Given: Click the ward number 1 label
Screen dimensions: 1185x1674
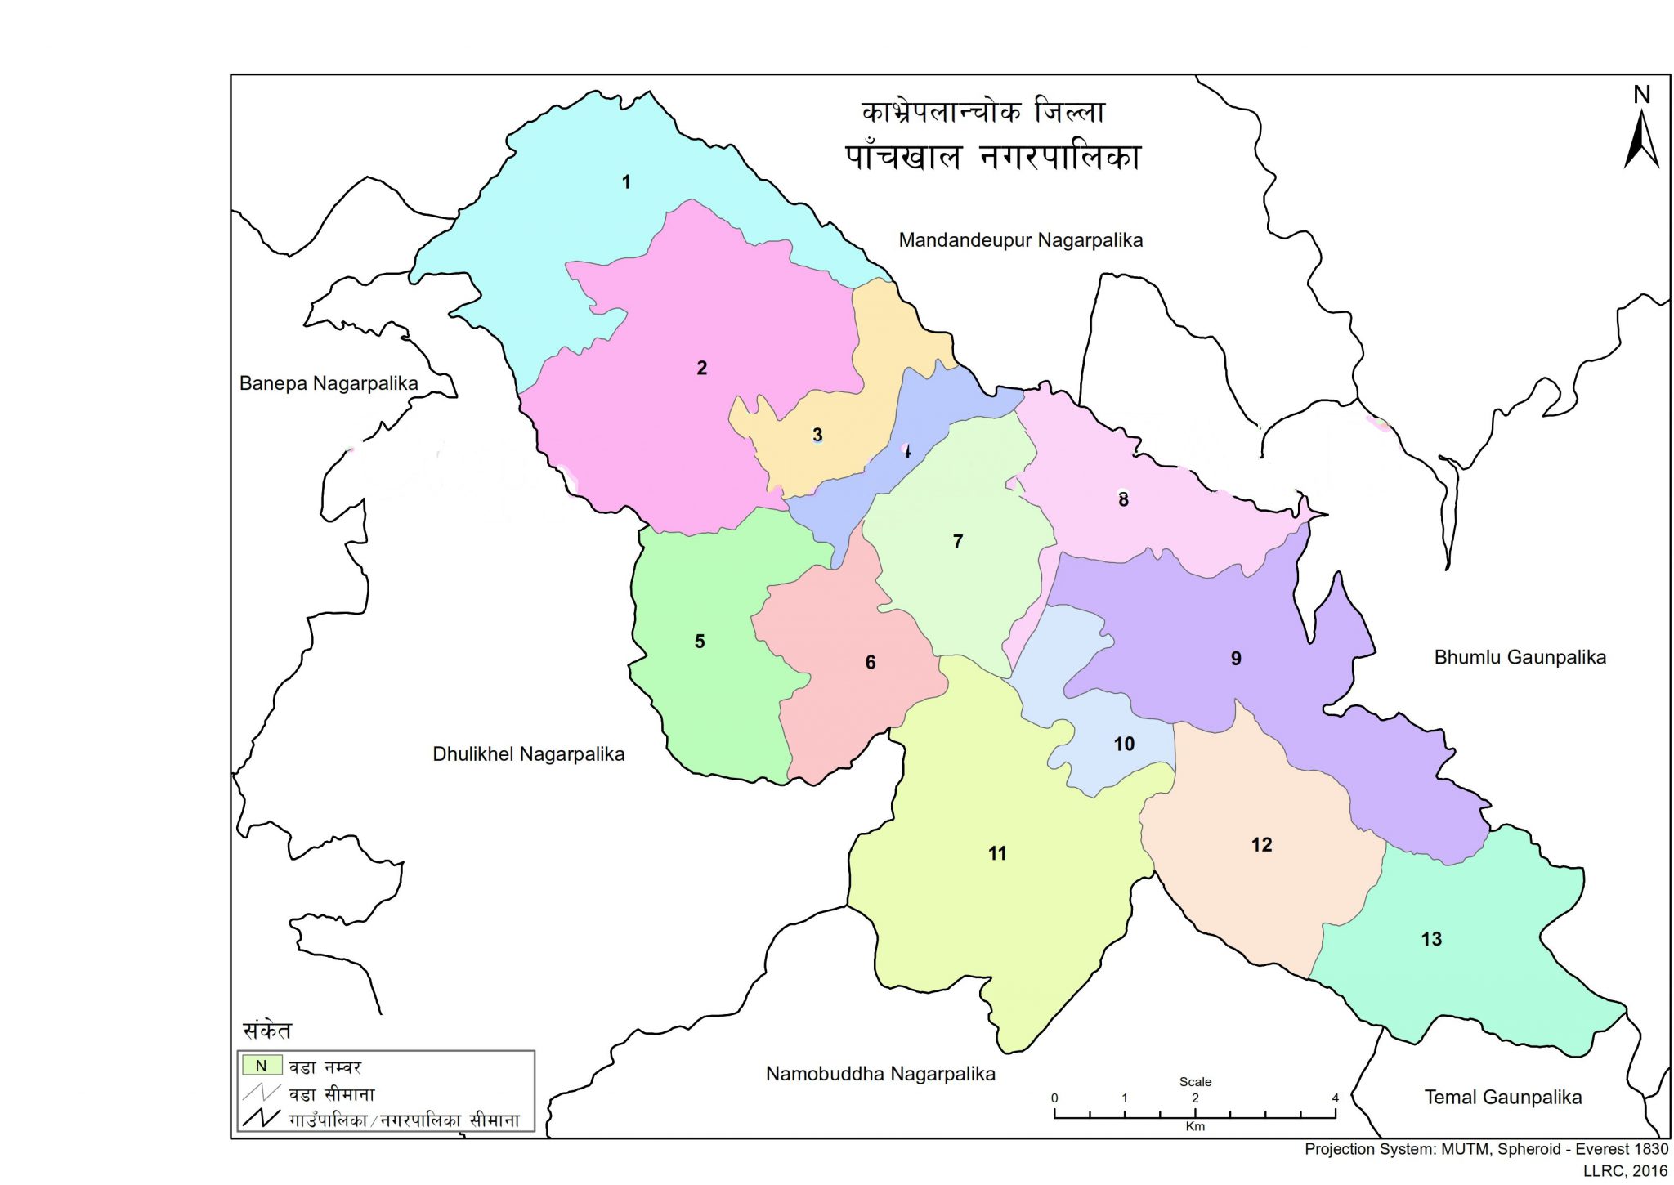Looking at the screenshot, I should (626, 182).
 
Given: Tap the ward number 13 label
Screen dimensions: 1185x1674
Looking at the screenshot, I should (1431, 939).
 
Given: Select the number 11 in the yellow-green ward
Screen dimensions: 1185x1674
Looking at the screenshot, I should (997, 854).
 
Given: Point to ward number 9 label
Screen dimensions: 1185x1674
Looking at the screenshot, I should (1236, 659).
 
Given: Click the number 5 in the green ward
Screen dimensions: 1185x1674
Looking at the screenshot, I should (700, 642).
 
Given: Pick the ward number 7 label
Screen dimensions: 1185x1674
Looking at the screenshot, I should (958, 542).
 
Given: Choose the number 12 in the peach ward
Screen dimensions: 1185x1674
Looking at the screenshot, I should (1261, 845).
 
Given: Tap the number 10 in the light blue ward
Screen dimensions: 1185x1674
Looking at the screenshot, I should (1124, 744).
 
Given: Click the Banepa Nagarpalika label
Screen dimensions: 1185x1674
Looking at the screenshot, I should (329, 383).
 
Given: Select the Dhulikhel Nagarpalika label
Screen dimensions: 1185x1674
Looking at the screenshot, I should (528, 754).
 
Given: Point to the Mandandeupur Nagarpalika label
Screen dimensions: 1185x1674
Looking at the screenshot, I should (1020, 240).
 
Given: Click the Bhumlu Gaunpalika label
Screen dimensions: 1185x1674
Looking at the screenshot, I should (1520, 657).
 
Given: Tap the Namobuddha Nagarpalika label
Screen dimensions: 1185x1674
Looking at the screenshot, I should (880, 1074).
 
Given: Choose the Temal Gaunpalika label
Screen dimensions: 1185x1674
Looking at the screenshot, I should (1502, 1098).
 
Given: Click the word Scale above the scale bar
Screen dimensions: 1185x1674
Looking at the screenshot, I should (1195, 1081).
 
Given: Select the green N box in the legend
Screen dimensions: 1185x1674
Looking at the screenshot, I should (262, 1066).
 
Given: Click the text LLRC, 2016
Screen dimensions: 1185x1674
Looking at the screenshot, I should (1625, 1171).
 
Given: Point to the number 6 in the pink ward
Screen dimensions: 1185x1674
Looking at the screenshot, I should (871, 663).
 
